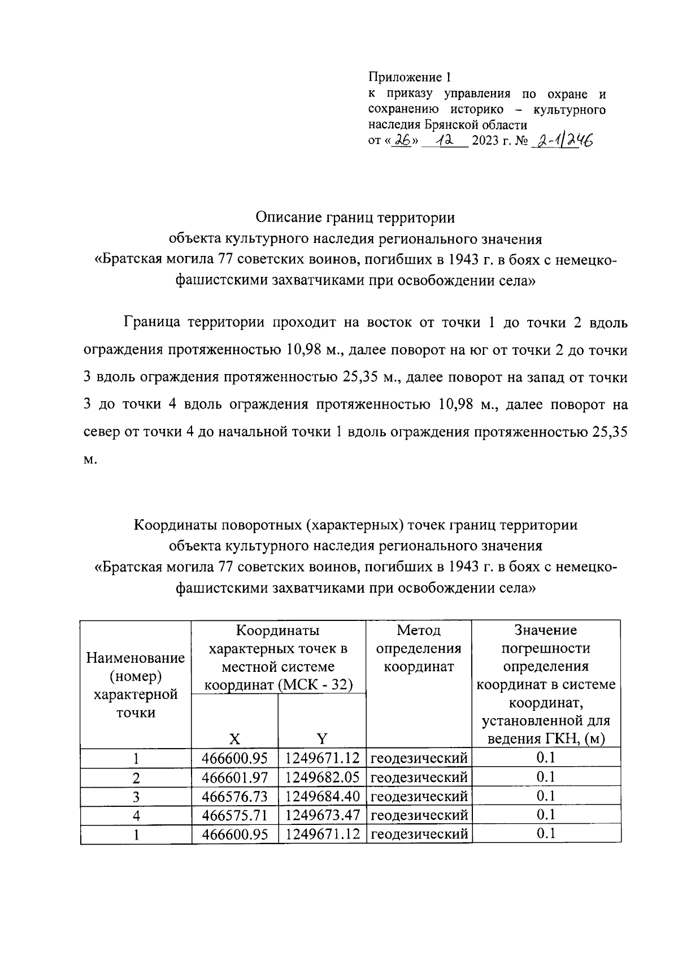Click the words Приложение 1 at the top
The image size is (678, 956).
tap(410, 77)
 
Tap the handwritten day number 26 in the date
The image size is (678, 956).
tap(402, 140)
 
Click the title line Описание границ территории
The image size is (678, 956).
tap(355, 218)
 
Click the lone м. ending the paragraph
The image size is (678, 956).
tap(90, 459)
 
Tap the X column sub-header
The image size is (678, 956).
tap(234, 738)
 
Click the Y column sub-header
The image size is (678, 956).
tap(321, 738)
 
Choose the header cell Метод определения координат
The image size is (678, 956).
tap(419, 649)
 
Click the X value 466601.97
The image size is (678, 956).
tap(235, 777)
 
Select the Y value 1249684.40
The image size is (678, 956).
tap(322, 796)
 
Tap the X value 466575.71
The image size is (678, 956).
tap(235, 815)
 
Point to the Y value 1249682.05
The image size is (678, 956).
tap(322, 777)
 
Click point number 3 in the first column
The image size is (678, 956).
tap(136, 797)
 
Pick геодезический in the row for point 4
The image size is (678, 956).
tap(419, 815)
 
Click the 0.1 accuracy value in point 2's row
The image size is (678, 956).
tap(546, 777)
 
